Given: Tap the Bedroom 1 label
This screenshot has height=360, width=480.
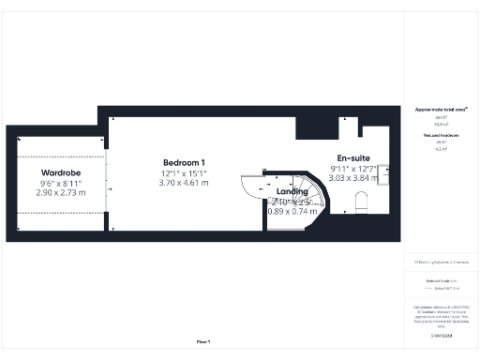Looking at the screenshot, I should [x=184, y=163].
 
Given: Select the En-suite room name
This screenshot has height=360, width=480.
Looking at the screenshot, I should [x=352, y=158].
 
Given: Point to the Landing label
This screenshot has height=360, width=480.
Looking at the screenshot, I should [x=292, y=191].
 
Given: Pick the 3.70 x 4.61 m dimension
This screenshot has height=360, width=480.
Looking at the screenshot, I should [x=184, y=184].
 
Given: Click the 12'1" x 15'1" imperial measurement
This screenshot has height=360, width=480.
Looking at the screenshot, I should [x=184, y=173].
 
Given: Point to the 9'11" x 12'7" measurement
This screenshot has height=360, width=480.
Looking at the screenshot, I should [x=352, y=169].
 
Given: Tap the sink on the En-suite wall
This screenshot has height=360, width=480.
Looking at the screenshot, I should [x=383, y=170].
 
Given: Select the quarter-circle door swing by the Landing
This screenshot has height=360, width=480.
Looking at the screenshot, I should [x=251, y=185].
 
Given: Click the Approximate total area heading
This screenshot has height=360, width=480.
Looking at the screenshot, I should [x=441, y=110].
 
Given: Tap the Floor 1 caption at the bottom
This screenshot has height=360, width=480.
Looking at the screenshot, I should [x=202, y=341].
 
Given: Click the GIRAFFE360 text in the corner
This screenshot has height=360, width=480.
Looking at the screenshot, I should [x=441, y=335].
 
